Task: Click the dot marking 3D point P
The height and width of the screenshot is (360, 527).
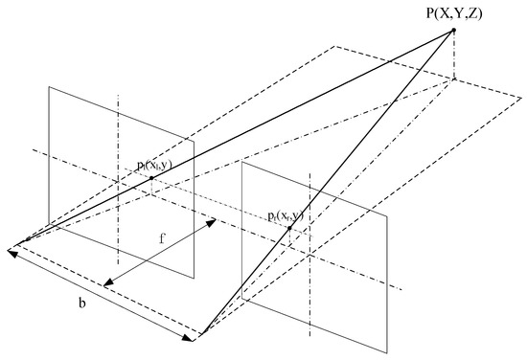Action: point(452,31)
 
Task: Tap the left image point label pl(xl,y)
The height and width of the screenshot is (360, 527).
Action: point(157,166)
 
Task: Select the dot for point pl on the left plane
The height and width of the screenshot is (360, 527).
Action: point(151,178)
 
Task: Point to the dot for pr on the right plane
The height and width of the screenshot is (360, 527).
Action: point(288,229)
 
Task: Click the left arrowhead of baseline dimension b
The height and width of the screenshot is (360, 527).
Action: point(9,251)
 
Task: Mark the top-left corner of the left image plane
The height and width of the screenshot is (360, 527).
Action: point(50,86)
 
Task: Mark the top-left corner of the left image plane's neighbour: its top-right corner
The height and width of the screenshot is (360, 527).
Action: point(195,141)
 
